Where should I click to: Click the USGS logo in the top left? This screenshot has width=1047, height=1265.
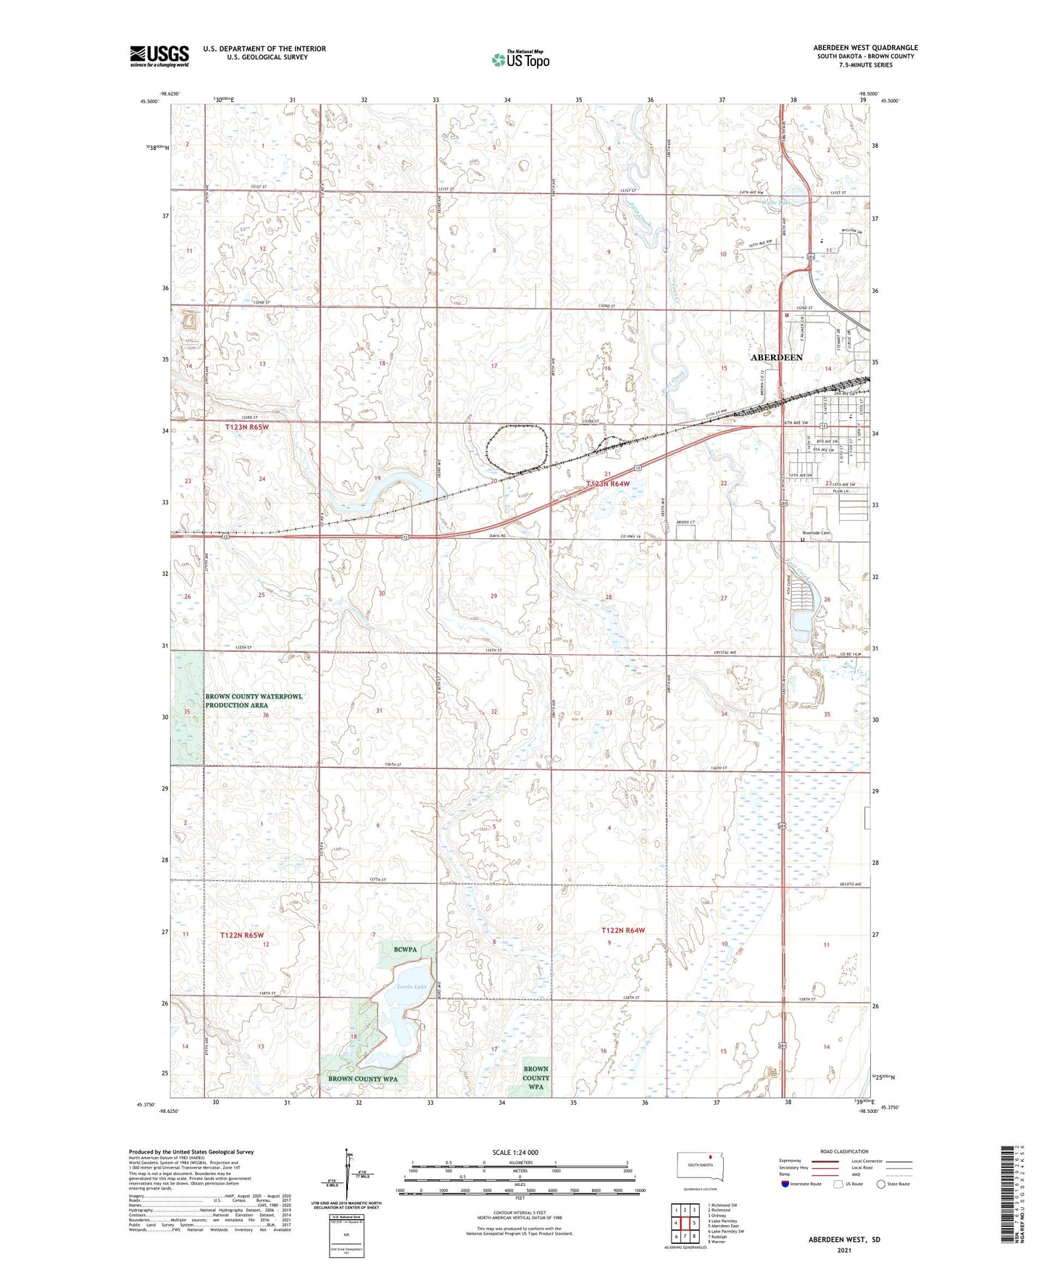point(159,56)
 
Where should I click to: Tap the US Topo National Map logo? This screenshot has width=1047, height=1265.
point(520,59)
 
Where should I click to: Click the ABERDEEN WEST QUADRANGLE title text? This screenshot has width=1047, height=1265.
point(865,48)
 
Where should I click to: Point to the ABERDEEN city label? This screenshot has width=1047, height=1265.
point(776,358)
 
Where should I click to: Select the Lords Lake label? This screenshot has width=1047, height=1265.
point(412,986)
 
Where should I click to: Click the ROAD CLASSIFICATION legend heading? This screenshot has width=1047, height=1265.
point(844,1151)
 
